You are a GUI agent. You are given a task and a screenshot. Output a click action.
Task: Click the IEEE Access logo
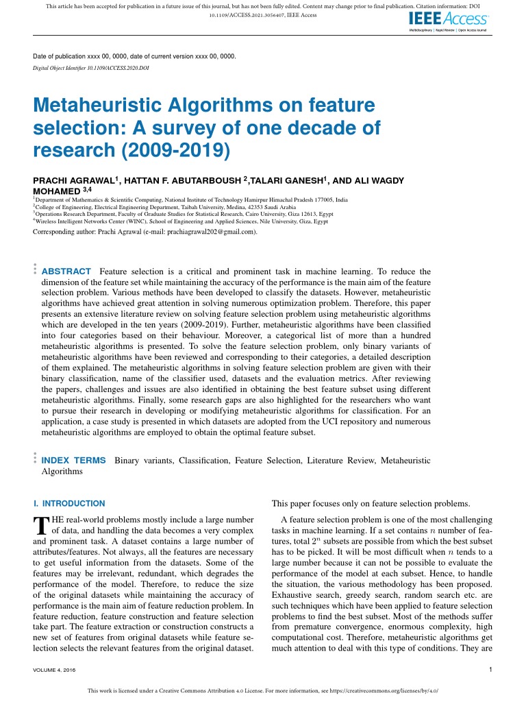[448, 21]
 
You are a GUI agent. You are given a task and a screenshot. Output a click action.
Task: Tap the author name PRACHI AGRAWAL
[73, 180]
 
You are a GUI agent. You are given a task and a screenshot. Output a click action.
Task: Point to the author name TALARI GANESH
[287, 180]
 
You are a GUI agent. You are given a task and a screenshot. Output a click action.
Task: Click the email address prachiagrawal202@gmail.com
[203, 232]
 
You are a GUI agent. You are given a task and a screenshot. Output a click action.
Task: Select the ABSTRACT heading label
[66, 271]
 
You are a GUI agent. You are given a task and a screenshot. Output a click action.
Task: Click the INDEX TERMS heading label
[74, 461]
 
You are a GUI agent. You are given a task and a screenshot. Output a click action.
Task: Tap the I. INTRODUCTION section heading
[69, 503]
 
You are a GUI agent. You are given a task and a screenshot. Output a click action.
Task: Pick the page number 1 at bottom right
[491, 669]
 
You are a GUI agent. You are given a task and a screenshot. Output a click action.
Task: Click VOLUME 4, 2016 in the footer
[54, 670]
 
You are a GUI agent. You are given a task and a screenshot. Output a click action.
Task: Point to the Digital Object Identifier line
[91, 69]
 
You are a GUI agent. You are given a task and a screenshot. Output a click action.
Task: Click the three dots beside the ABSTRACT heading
[35, 269]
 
